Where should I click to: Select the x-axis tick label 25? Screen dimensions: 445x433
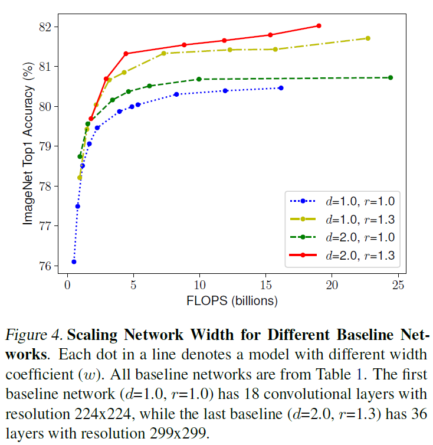click(x=398, y=286)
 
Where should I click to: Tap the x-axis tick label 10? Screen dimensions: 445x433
click(x=199, y=286)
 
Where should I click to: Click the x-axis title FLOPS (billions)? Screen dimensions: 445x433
click(x=232, y=300)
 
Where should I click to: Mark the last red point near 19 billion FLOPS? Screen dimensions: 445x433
click(x=319, y=26)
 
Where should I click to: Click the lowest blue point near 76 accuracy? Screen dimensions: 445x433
click(x=74, y=261)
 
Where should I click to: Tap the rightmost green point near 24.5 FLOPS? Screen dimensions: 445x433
click(x=391, y=77)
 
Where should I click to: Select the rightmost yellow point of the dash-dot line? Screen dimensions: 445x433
click(x=368, y=38)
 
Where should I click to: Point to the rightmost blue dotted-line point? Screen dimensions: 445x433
click(x=281, y=88)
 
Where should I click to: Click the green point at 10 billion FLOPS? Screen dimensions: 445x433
click(x=199, y=79)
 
